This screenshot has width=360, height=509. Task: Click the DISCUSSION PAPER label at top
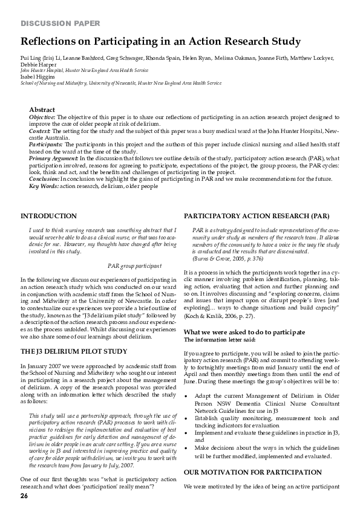56,24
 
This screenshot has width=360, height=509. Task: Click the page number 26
24,496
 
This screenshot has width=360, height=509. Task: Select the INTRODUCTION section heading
48,215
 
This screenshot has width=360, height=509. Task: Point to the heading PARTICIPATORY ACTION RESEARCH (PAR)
257,215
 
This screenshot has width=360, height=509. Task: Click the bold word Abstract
42,109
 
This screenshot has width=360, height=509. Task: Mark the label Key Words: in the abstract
44,186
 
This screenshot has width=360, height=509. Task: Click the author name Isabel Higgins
38,76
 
